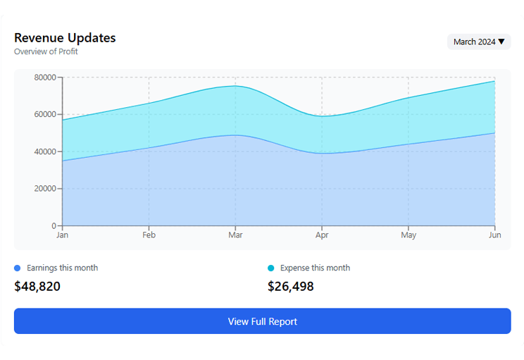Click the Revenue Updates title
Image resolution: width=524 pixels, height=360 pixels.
(65, 38)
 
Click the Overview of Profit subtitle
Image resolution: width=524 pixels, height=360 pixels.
(46, 51)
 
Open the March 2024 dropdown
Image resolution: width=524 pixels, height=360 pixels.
(479, 42)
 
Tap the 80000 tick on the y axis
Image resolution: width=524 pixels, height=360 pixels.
(45, 77)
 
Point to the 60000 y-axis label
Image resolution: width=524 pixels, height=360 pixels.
(45, 114)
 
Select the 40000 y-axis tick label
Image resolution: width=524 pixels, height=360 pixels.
(45, 151)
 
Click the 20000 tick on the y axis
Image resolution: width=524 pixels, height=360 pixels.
(45, 189)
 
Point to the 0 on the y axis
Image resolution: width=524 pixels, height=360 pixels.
(54, 225)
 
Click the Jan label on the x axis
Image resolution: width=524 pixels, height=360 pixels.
(62, 235)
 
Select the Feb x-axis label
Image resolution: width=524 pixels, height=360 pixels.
(149, 235)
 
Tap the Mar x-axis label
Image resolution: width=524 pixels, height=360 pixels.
(235, 235)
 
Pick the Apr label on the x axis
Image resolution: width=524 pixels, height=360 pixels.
(322, 235)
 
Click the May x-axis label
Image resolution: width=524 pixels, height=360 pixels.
(408, 235)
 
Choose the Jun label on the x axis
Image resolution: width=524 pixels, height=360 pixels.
(494, 235)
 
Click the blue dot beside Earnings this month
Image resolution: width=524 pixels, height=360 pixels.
(18, 268)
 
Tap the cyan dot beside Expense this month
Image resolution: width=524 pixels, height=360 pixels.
(271, 268)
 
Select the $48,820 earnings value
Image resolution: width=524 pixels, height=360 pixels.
(37, 286)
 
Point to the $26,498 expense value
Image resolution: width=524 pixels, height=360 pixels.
(291, 286)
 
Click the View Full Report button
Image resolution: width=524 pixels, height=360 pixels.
(262, 321)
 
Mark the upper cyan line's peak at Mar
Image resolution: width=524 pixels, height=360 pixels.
(235, 86)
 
